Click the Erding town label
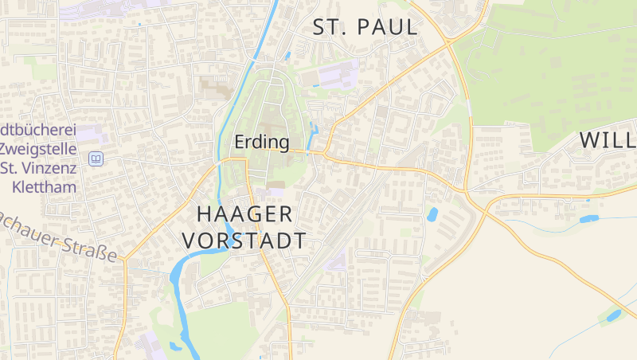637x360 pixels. click(x=261, y=143)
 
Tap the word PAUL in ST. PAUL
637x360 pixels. click(x=388, y=27)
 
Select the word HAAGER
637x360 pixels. click(x=244, y=213)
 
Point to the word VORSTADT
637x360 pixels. click(x=244, y=241)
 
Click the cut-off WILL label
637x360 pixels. click(x=607, y=141)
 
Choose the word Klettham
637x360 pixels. click(x=45, y=188)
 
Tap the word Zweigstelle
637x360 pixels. click(x=38, y=148)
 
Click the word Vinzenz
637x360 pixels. click(x=49, y=168)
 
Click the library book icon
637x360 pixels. click(x=96, y=158)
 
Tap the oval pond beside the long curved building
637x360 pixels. click(x=432, y=214)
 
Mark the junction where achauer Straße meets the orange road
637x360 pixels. click(x=125, y=259)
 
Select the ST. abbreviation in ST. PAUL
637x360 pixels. click(x=329, y=27)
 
